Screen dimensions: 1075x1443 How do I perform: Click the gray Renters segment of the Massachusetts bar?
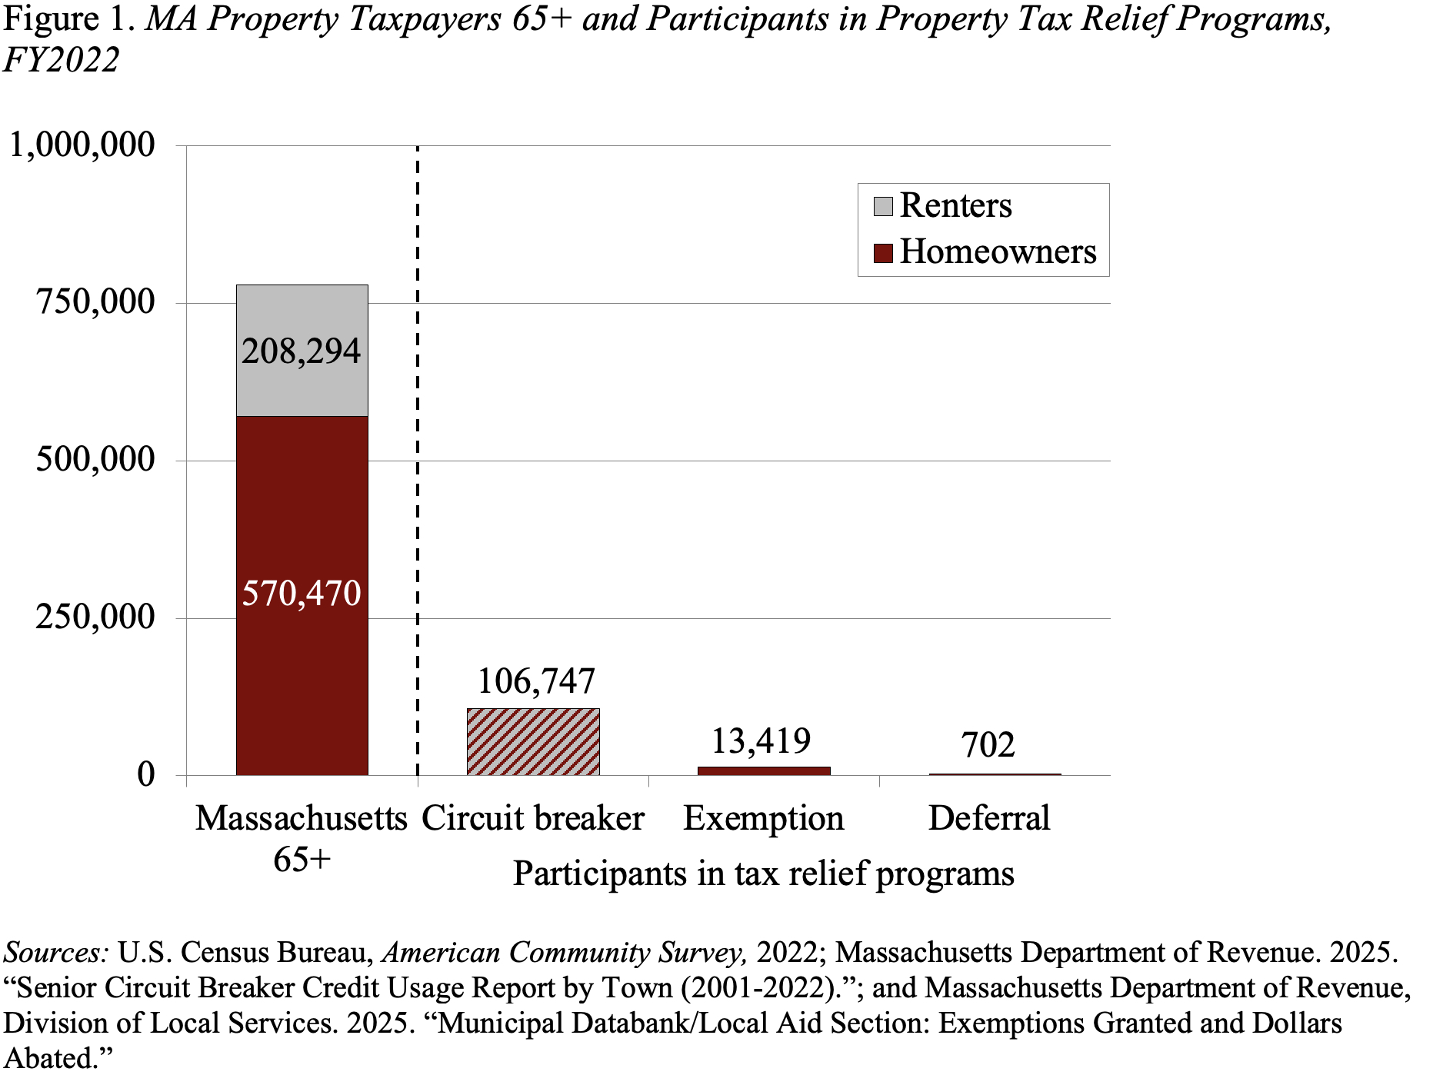(302, 384)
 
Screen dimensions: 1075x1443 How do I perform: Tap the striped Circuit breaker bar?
(533, 741)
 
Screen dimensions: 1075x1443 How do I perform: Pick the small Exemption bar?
(764, 770)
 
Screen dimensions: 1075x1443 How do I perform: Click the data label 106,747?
(536, 681)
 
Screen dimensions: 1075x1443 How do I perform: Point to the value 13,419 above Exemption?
(761, 741)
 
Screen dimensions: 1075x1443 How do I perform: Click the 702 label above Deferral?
(988, 744)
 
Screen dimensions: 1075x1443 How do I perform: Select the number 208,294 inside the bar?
(302, 351)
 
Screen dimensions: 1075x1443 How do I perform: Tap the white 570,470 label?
(302, 594)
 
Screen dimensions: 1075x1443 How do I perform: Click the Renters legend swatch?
(883, 206)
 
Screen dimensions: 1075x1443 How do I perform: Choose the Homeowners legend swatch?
(883, 253)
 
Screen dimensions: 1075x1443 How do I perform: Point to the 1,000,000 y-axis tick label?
(82, 145)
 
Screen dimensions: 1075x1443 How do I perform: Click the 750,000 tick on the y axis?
(96, 302)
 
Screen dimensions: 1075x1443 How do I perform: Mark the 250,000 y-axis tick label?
(96, 617)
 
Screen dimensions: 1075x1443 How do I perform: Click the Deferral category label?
(989, 818)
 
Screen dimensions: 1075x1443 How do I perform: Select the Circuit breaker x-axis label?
(533, 818)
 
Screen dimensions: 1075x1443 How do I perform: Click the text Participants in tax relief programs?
(763, 874)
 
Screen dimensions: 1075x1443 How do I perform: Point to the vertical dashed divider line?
(418, 461)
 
